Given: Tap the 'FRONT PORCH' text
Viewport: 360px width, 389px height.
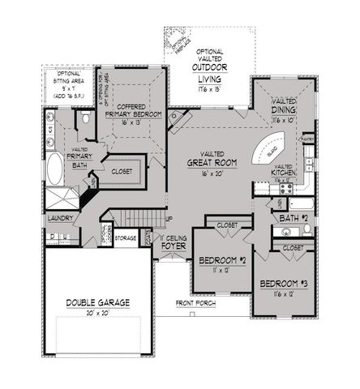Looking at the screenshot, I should tap(195, 305).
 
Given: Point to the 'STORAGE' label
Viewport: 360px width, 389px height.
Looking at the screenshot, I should tap(125, 238).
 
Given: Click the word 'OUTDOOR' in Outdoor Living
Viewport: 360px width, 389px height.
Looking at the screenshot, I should tap(210, 69).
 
